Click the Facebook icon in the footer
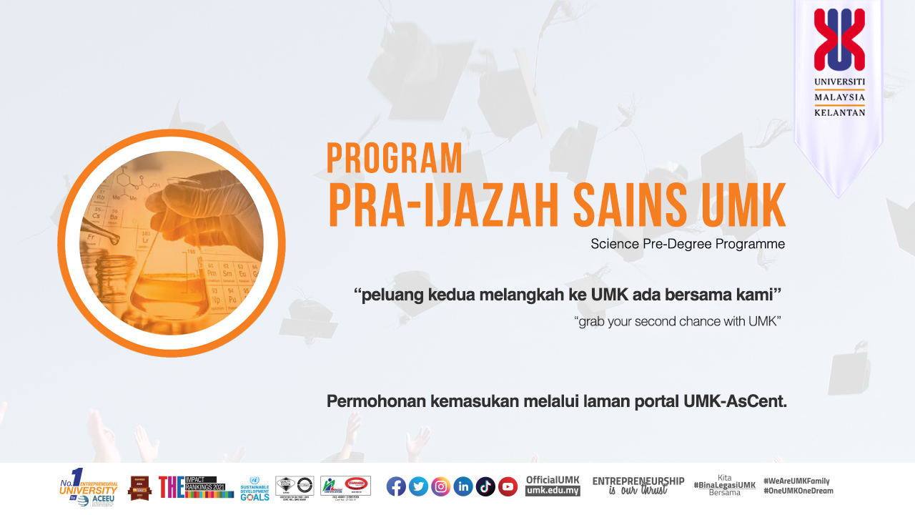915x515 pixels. (396, 486)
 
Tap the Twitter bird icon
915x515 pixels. (418, 486)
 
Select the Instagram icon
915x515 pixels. (441, 486)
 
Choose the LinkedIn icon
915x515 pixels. (463, 486)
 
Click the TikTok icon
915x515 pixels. (485, 486)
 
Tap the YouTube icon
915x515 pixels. (508, 486)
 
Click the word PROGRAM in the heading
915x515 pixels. (395, 159)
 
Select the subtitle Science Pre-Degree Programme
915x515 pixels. (688, 244)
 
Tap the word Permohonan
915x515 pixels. (376, 401)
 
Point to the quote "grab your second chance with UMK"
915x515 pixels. (677, 322)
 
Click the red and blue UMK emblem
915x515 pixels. (839, 40)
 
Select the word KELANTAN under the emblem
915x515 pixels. (839, 112)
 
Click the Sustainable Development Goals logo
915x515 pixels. (254, 489)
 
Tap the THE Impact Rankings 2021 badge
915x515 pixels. (196, 486)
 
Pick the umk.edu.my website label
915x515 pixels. (553, 491)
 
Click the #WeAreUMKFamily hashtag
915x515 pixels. (796, 481)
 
